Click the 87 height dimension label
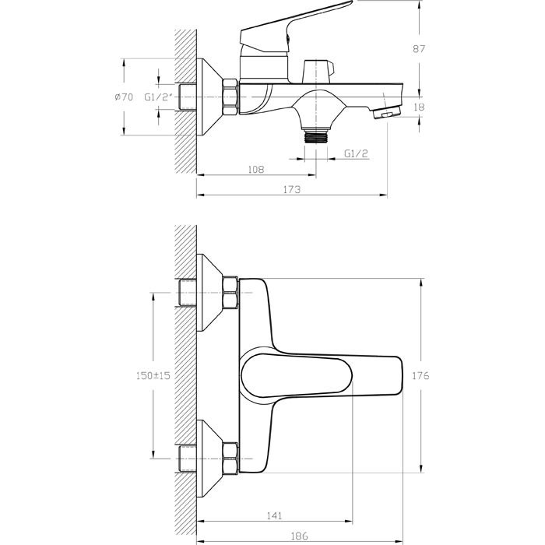click(x=419, y=49)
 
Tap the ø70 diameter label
click(x=124, y=97)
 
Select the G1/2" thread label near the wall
click(x=159, y=97)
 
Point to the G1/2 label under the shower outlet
click(x=356, y=153)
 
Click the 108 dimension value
click(x=256, y=169)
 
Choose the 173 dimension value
click(x=292, y=189)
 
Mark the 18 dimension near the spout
click(x=419, y=107)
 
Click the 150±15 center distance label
click(x=153, y=375)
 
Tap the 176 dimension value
click(x=420, y=376)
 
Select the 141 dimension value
click(x=274, y=516)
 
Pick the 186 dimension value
click(x=299, y=536)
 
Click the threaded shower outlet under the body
click(x=315, y=136)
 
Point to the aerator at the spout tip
click(x=386, y=113)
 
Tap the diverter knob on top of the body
click(x=318, y=72)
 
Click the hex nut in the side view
click(x=230, y=97)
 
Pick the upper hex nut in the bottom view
click(x=230, y=293)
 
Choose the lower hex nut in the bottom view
click(x=230, y=459)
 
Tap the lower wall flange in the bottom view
click(x=209, y=459)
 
